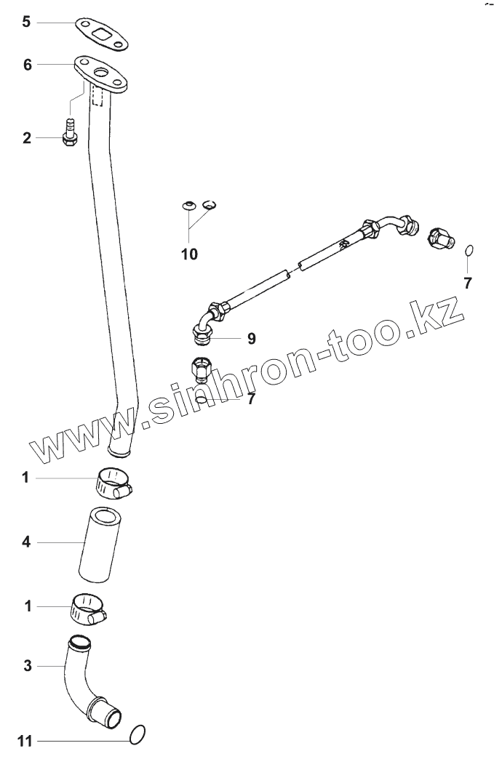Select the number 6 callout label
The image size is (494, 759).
(x=28, y=65)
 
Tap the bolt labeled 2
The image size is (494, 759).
(x=70, y=134)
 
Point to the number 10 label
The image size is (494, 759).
(x=189, y=254)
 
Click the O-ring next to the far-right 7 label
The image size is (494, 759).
(x=469, y=251)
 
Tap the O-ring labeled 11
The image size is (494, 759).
(x=138, y=736)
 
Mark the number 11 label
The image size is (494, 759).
(x=25, y=742)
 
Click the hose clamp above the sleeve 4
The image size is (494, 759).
(x=113, y=481)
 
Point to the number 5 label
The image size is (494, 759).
(x=26, y=22)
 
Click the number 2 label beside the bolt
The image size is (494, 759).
(x=27, y=137)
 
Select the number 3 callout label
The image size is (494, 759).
(x=27, y=664)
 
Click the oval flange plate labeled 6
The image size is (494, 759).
(x=101, y=75)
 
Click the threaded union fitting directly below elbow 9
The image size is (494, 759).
(x=201, y=369)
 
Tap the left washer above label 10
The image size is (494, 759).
(x=188, y=206)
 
